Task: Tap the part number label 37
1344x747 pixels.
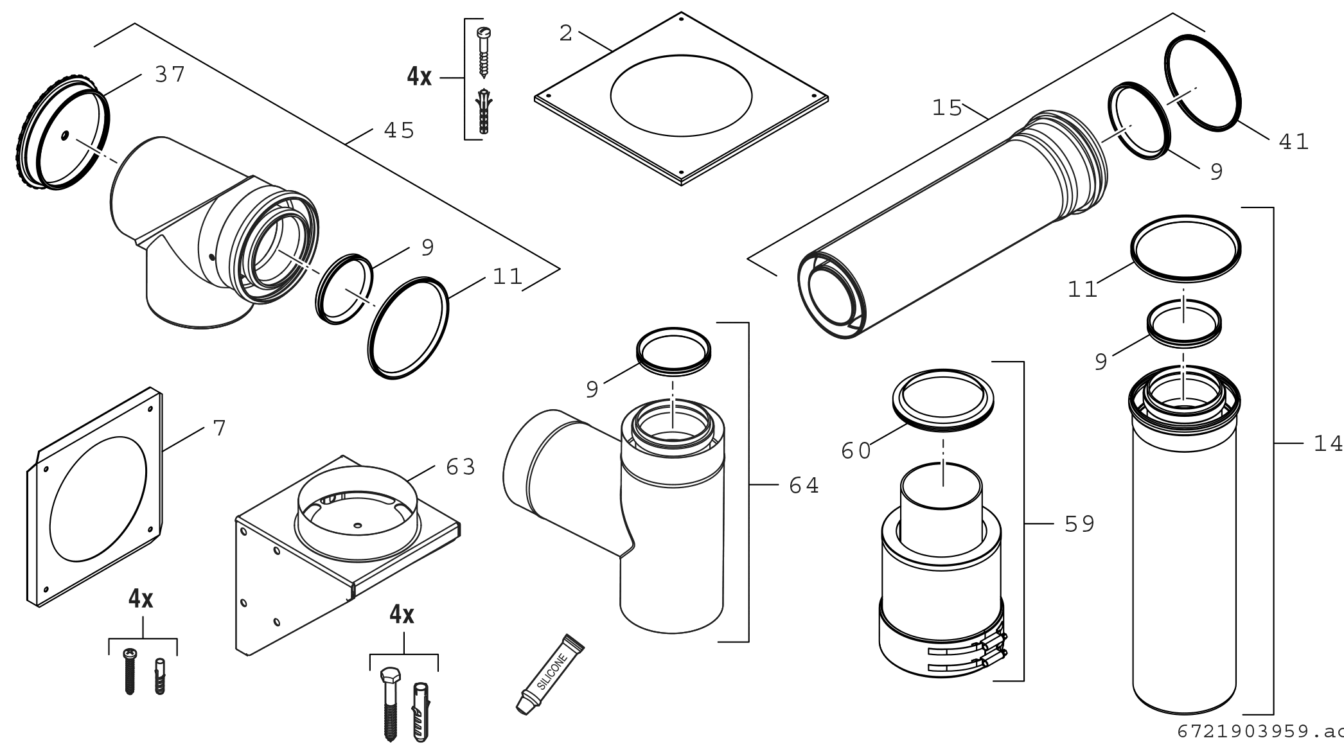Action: (x=170, y=75)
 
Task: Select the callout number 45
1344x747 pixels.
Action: (x=399, y=131)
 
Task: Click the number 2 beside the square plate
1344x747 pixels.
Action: (x=565, y=34)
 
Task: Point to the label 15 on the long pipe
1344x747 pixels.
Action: (x=947, y=109)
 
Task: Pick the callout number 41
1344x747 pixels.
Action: (x=1294, y=142)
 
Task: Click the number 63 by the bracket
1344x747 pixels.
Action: (x=461, y=468)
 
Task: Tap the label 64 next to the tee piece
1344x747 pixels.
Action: (x=804, y=486)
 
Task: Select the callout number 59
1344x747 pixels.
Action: (x=1079, y=525)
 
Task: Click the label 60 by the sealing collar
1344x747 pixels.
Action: (x=856, y=451)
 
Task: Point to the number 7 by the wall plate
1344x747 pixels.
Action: (x=220, y=428)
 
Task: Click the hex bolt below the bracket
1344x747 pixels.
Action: (x=390, y=703)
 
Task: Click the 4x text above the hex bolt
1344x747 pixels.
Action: (x=402, y=615)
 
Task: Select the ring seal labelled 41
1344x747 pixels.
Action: (x=1203, y=83)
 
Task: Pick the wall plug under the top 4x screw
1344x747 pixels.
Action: (x=484, y=112)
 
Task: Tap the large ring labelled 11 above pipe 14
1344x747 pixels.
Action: (x=1185, y=248)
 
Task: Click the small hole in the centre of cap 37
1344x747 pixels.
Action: (x=66, y=136)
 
